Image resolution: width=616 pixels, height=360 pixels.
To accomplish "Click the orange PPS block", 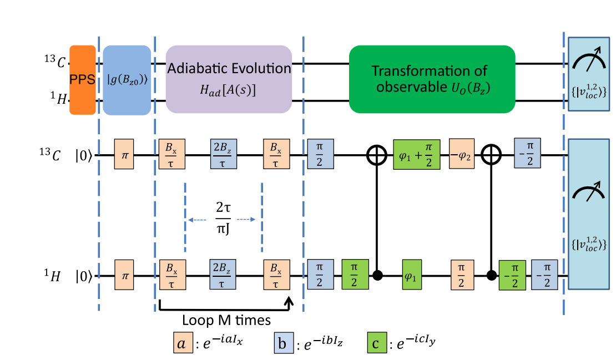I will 82,80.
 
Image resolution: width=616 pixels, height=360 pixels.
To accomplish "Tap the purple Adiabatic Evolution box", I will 229,80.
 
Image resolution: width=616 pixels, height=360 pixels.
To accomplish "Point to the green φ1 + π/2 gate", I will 416,154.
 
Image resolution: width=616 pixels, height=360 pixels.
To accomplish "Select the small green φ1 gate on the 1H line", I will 410,276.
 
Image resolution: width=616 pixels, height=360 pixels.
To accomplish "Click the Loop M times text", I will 226,320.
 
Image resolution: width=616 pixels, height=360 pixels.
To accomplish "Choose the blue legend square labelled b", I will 282,344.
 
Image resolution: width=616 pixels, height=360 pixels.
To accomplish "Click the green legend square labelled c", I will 376,344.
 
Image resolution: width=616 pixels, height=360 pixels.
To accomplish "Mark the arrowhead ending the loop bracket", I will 289,301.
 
